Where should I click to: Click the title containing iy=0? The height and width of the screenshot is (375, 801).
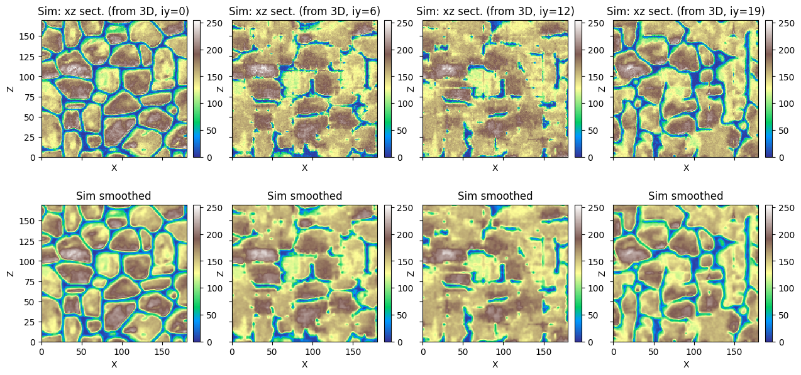(113, 11)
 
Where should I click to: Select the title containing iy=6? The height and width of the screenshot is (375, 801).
(304, 11)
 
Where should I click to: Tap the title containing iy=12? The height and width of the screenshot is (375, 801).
(495, 11)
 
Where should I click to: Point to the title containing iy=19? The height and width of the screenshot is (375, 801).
(685, 11)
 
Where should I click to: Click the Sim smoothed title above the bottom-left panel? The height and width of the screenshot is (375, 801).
(113, 196)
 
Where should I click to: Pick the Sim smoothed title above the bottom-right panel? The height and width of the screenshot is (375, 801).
(685, 196)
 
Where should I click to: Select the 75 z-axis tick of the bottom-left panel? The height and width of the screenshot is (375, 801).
(30, 282)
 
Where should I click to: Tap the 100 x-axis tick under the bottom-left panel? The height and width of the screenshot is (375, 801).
(122, 352)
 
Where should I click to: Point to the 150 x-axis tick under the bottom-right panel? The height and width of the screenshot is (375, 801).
(734, 352)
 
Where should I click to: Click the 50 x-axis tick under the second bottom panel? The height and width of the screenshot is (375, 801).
(272, 352)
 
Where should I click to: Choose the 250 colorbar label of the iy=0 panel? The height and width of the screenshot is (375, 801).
(214, 24)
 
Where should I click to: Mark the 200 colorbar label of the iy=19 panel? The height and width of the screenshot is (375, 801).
(787, 50)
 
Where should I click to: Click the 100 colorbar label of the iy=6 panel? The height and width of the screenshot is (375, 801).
(405, 104)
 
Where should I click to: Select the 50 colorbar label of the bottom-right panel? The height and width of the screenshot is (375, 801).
(783, 315)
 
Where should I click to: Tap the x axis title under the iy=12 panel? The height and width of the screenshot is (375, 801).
(495, 168)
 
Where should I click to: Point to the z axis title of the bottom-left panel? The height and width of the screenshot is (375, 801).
(10, 274)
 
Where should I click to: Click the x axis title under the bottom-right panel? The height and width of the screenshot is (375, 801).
(686, 364)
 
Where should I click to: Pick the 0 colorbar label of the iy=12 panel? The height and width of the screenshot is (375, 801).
(590, 158)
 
